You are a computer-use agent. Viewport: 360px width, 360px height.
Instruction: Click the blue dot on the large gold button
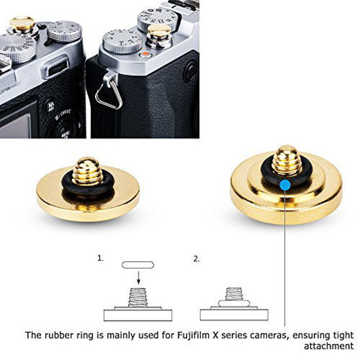pos(285,185)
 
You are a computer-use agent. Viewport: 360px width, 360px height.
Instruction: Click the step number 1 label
pos(100,259)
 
